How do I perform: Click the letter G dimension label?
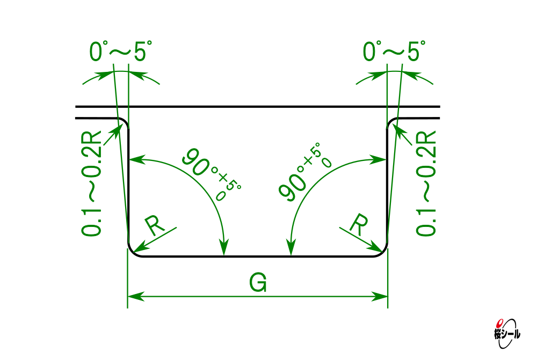[258, 283]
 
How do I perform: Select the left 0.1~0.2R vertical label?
[91, 183]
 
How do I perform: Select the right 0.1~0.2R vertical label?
[426, 183]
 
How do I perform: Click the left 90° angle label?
[212, 173]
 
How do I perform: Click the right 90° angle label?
[304, 172]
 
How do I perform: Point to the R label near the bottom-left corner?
[155, 226]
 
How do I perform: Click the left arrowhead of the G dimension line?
[136, 296]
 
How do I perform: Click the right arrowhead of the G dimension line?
[380, 296]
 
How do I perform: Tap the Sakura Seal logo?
[507, 334]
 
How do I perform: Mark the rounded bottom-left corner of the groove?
[132, 252]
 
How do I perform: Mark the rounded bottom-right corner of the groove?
[383, 252]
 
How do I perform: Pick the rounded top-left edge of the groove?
[125, 121]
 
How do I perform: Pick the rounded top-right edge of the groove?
[391, 121]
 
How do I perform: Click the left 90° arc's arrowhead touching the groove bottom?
[224, 247]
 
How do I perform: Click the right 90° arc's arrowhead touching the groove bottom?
[291, 247]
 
